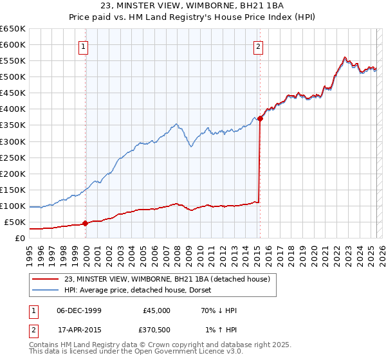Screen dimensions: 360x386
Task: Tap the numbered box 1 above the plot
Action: coord(85,46)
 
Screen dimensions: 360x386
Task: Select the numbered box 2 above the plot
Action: coord(258,46)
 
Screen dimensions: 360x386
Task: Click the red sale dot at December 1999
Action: coord(85,223)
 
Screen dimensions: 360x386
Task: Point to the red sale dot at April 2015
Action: coord(260,118)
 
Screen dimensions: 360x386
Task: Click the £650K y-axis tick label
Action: coord(13,29)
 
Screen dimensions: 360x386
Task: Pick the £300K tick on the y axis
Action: coord(13,141)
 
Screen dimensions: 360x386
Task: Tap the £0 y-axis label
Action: coord(20,238)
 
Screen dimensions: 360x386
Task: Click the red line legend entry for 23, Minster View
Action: coord(170,278)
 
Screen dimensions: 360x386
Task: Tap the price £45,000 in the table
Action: coord(157,310)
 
